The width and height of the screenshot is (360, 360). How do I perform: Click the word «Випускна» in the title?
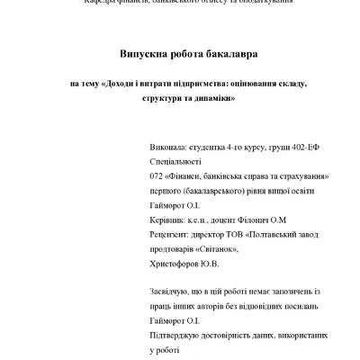144,53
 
